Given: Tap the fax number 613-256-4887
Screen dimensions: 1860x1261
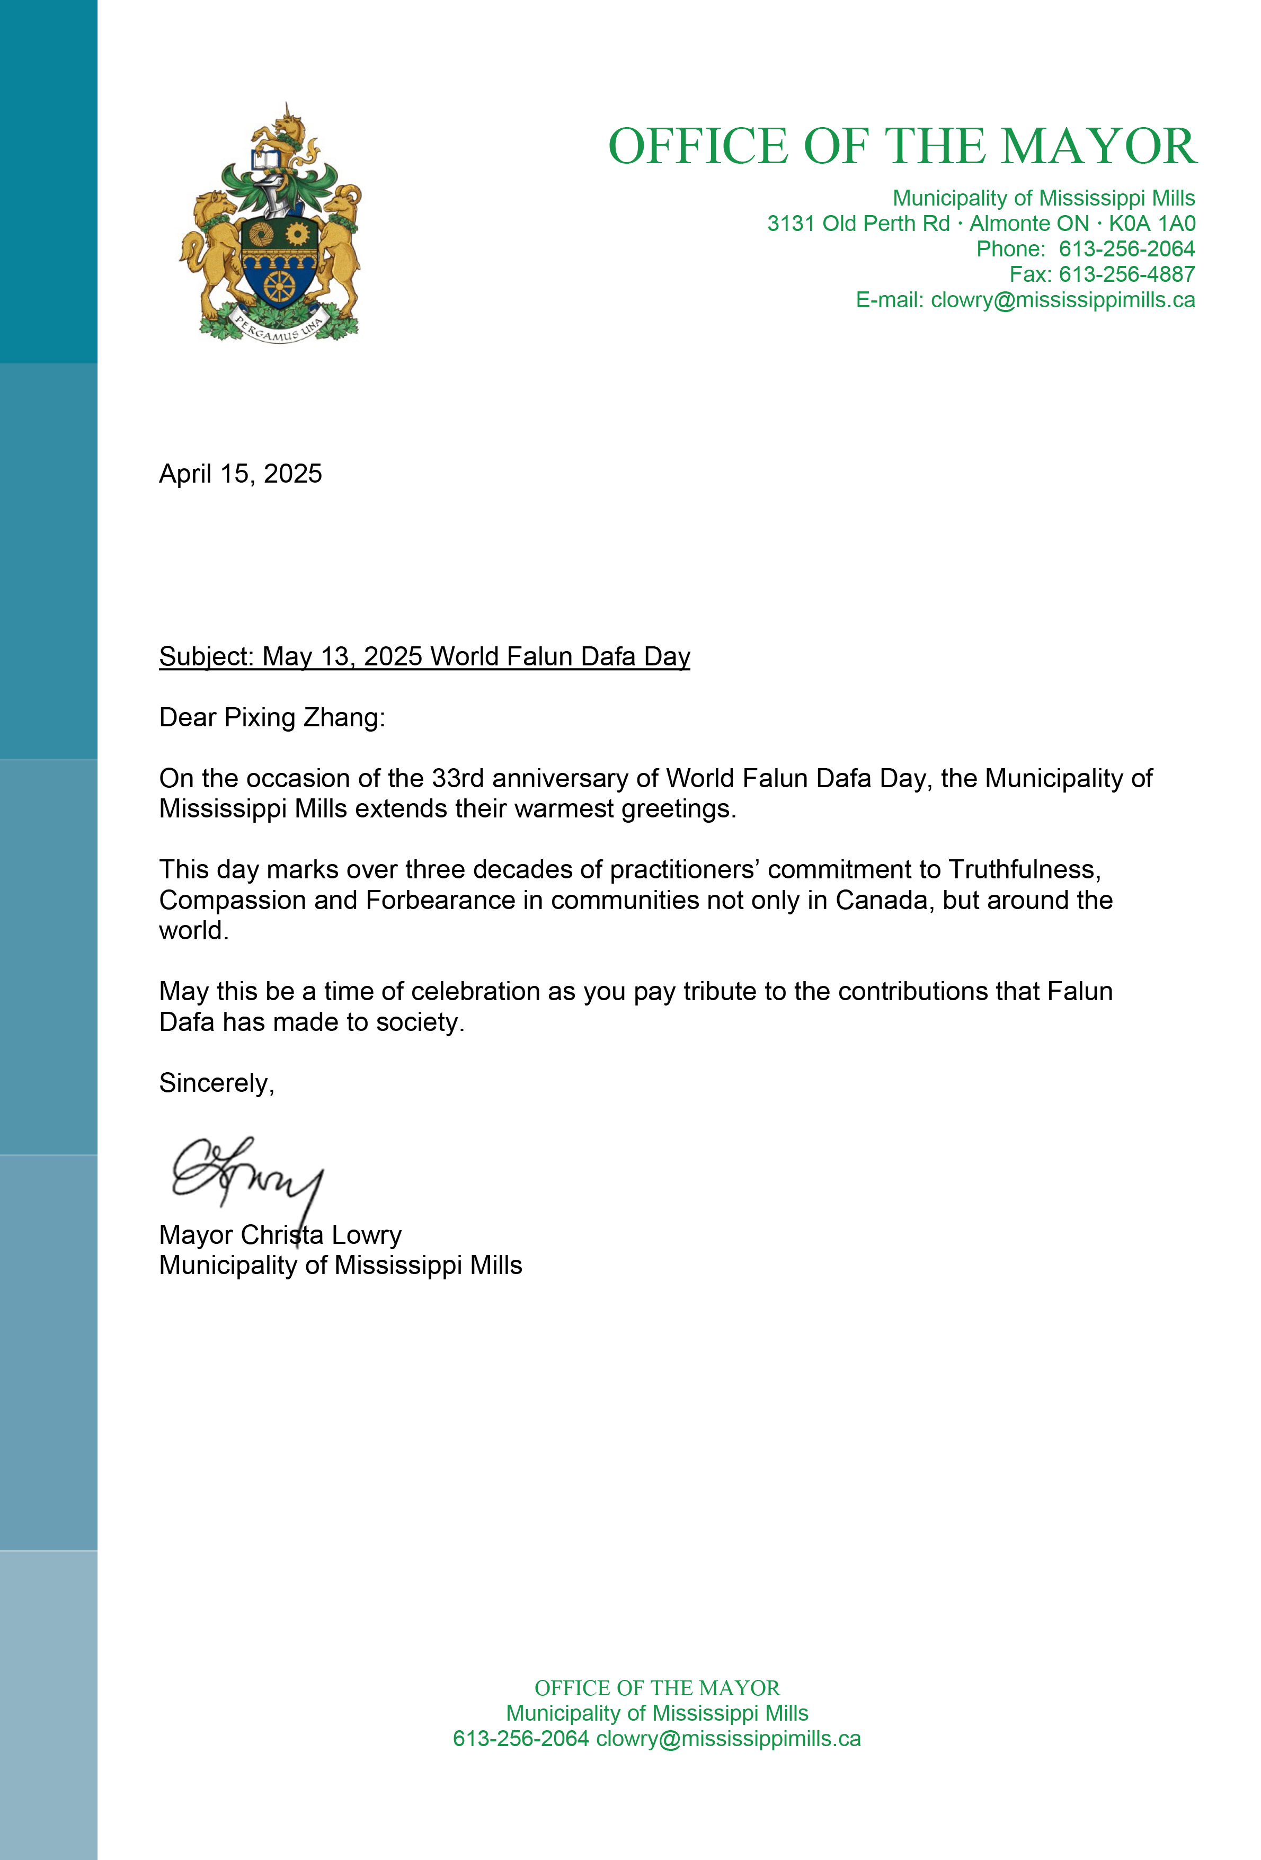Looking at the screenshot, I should tap(1126, 274).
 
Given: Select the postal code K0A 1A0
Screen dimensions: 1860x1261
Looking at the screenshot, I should tap(1151, 224).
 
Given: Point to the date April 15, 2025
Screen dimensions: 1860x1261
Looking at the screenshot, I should tap(240, 474).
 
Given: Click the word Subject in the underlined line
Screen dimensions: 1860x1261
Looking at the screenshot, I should tap(206, 657).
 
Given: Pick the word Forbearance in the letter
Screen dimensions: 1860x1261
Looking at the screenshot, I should tap(440, 901).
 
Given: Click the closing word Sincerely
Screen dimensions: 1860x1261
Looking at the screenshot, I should tap(215, 1083).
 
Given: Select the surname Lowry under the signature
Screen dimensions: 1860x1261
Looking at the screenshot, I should tap(366, 1235).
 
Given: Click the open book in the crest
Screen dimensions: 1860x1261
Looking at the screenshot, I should tap(264, 160).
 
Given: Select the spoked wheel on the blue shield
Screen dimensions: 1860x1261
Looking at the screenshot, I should tap(279, 285).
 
